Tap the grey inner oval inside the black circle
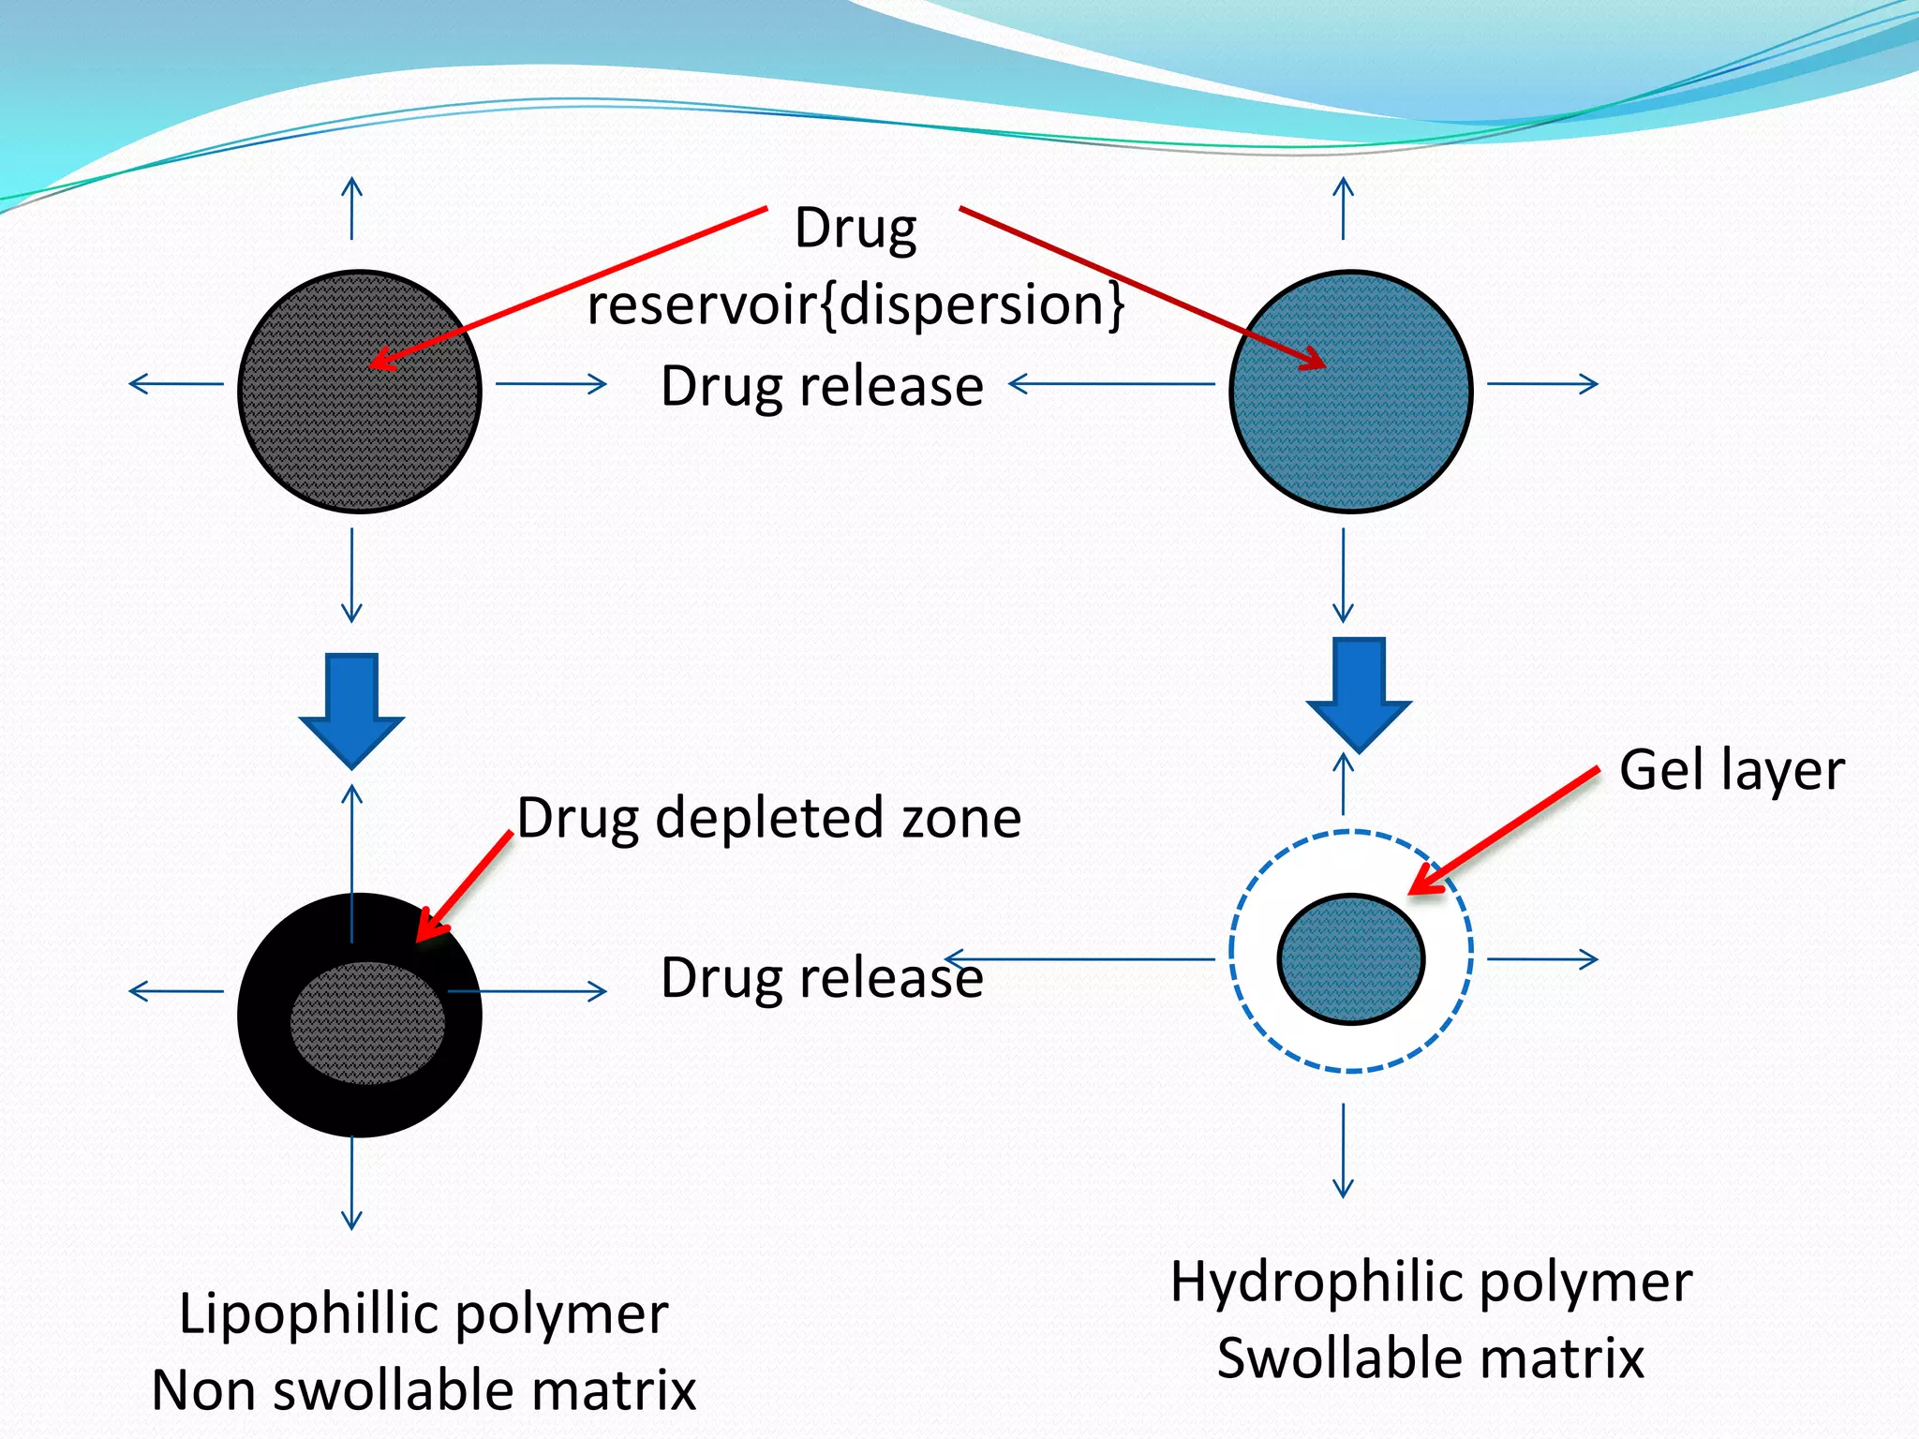tap(367, 1023)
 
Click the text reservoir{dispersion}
tap(855, 304)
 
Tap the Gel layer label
tap(1732, 770)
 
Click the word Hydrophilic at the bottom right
tap(1317, 1282)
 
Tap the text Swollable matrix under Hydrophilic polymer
tap(1430, 1358)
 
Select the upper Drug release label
tap(822, 386)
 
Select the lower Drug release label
tap(822, 978)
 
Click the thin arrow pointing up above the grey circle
tap(351, 208)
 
